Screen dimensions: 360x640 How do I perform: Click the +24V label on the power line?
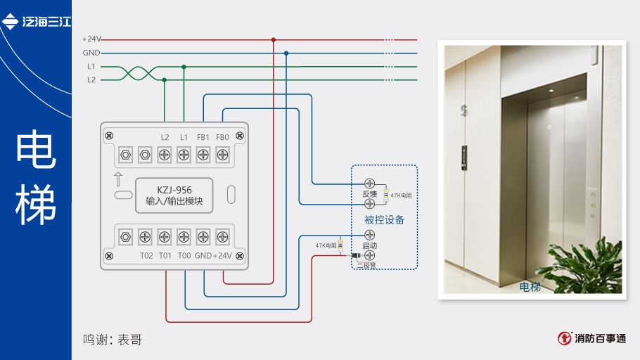click(x=92, y=39)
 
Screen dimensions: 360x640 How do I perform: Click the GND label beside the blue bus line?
click(x=91, y=53)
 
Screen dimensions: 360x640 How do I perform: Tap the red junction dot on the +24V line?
click(x=274, y=39)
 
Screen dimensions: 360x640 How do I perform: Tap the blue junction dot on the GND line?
click(x=286, y=53)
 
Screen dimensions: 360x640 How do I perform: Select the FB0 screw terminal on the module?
click(x=222, y=153)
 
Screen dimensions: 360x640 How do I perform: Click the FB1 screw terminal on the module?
click(x=203, y=153)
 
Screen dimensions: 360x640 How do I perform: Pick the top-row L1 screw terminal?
click(x=184, y=153)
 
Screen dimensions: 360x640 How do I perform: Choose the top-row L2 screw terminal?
click(x=165, y=153)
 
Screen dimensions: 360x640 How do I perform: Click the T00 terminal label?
click(x=184, y=256)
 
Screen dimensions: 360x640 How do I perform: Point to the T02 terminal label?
click(x=146, y=256)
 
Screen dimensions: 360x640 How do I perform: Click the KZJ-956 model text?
click(x=174, y=189)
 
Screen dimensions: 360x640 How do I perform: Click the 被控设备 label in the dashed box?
click(x=384, y=219)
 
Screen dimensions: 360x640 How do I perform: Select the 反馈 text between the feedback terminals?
click(x=370, y=194)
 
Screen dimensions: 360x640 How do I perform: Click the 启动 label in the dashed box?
click(x=369, y=246)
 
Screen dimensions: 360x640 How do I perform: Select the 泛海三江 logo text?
click(x=46, y=22)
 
